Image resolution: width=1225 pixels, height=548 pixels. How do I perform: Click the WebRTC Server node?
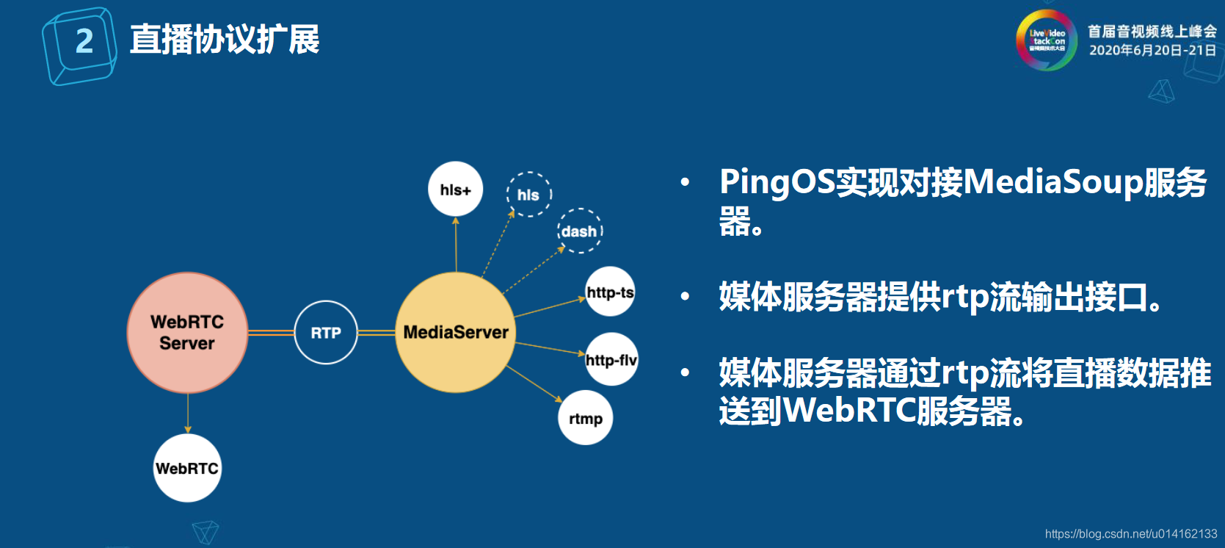click(x=187, y=333)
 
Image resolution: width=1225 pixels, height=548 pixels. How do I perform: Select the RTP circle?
click(x=326, y=333)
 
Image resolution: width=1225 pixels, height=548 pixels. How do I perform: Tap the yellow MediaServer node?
click(x=456, y=333)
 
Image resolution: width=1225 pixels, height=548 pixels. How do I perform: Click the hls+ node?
click(x=456, y=190)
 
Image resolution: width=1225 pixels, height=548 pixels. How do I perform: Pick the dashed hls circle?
click(x=528, y=195)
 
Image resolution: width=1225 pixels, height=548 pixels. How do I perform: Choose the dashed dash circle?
click(x=580, y=231)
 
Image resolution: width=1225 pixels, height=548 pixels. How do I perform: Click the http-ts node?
click(x=610, y=292)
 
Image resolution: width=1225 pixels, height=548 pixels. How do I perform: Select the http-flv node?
click(x=611, y=360)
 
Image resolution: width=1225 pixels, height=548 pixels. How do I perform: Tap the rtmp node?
click(x=586, y=419)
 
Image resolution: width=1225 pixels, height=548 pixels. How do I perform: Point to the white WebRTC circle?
click(x=187, y=469)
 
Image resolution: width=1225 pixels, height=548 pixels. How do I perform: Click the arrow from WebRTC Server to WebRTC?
click(x=188, y=413)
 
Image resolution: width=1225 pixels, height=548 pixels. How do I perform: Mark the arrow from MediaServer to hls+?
click(x=456, y=245)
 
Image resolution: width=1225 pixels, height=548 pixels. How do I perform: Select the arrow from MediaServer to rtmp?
click(x=534, y=383)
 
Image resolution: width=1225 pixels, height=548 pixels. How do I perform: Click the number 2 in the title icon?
click(x=84, y=41)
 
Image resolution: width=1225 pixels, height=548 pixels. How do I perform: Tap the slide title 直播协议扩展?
click(x=225, y=40)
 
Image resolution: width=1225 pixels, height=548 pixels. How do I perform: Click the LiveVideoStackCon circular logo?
click(x=1047, y=40)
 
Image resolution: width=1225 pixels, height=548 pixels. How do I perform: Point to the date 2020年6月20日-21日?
click(x=1152, y=50)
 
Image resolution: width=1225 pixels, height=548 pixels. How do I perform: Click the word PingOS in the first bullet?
click(x=777, y=182)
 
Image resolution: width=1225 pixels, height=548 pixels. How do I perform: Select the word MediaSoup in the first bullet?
click(x=1054, y=182)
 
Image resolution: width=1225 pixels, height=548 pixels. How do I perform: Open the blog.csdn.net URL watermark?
click(x=1130, y=534)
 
